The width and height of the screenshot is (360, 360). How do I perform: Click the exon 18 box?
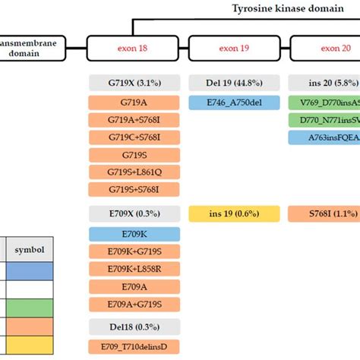tap(134, 49)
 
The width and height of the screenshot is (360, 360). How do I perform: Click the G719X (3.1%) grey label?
tap(134, 82)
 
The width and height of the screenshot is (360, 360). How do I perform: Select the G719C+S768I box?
tap(134, 137)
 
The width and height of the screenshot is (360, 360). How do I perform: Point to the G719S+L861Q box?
tap(134, 172)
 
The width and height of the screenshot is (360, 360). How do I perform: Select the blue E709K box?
tap(134, 234)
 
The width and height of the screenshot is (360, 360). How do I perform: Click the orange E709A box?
tap(134, 286)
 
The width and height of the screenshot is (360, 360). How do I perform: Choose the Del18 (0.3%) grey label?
tap(134, 327)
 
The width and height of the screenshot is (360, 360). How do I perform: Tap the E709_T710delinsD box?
tap(134, 346)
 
